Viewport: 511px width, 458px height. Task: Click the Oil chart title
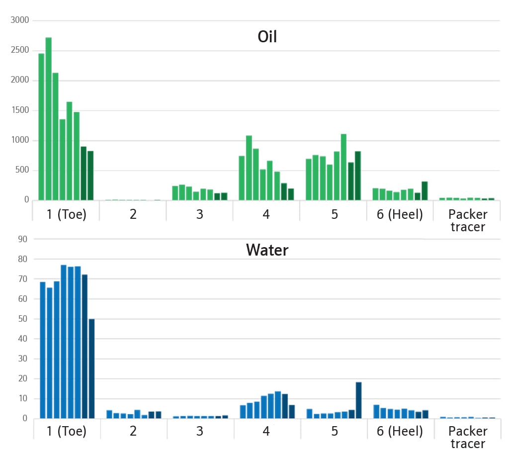click(267, 36)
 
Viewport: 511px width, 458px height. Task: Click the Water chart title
click(267, 250)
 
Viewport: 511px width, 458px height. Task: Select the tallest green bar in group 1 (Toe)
click(48, 119)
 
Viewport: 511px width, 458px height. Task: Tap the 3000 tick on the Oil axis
click(21, 20)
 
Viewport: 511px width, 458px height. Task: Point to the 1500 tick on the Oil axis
click(21, 110)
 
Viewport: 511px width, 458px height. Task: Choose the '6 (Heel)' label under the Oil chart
click(399, 214)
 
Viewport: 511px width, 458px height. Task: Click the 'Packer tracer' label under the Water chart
click(468, 437)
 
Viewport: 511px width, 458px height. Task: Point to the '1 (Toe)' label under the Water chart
click(67, 431)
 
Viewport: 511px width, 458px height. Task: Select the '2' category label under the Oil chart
click(133, 214)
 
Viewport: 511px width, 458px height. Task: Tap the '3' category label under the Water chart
click(199, 431)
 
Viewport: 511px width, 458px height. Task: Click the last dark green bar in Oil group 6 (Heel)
click(425, 191)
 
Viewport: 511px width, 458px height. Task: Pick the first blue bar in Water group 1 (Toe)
click(43, 350)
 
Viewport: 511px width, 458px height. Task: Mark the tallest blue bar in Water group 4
click(278, 405)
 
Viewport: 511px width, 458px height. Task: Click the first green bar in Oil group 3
click(175, 193)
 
